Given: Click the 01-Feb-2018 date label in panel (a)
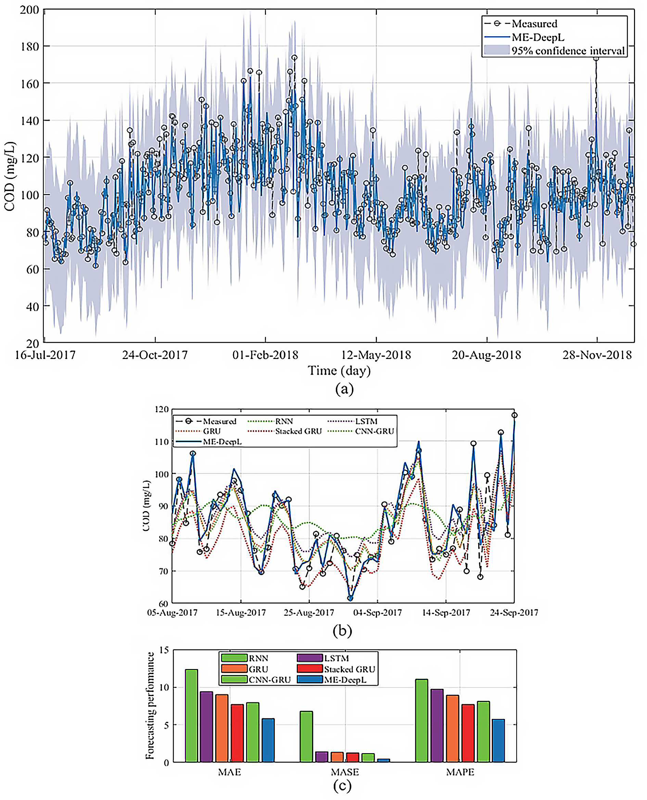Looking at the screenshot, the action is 265,355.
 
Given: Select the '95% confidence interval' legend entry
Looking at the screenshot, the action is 554,50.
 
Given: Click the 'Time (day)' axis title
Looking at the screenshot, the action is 339,371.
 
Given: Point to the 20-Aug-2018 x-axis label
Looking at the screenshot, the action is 486,355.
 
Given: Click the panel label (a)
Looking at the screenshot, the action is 344,389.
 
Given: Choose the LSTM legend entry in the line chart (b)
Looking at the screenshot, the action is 353,421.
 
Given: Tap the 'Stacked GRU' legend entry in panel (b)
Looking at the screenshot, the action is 285,431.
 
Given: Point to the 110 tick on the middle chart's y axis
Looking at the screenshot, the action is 162,442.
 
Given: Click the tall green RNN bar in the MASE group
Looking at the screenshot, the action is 306,736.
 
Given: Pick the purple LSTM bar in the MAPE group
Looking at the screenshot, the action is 437,725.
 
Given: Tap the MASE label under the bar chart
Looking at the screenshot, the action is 345,772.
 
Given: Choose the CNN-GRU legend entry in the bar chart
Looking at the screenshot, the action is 256,680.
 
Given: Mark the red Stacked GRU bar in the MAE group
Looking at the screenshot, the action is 237,733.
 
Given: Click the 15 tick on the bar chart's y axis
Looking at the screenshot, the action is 164,650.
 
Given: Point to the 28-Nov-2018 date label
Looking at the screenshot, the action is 597,355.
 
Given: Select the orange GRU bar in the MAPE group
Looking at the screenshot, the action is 453,729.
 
